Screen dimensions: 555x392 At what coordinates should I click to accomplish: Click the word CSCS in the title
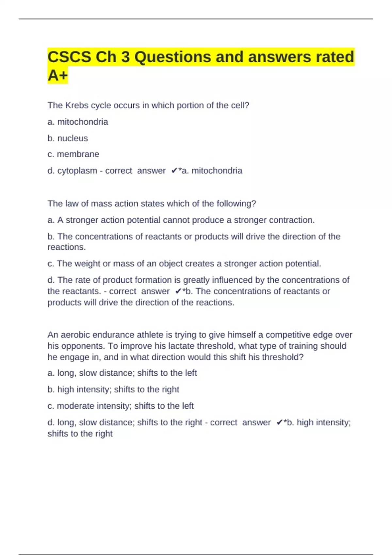pos(69,57)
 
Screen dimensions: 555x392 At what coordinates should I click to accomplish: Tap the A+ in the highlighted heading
pos(57,75)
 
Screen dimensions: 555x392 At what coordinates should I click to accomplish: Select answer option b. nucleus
pos(68,138)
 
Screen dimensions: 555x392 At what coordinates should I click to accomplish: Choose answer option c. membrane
pos(73,154)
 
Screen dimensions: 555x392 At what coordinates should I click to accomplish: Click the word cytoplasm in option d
pos(77,171)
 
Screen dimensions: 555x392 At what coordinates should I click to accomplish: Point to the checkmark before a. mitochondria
pos(174,171)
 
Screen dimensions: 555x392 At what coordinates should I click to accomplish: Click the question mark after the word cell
pos(247,105)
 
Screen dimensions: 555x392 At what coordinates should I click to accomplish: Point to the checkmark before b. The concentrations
pos(178,291)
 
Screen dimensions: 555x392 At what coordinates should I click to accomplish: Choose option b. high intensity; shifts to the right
pos(113,389)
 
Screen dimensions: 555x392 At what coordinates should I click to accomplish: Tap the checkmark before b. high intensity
pos(279,422)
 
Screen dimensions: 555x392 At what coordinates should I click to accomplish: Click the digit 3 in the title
pos(125,57)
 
